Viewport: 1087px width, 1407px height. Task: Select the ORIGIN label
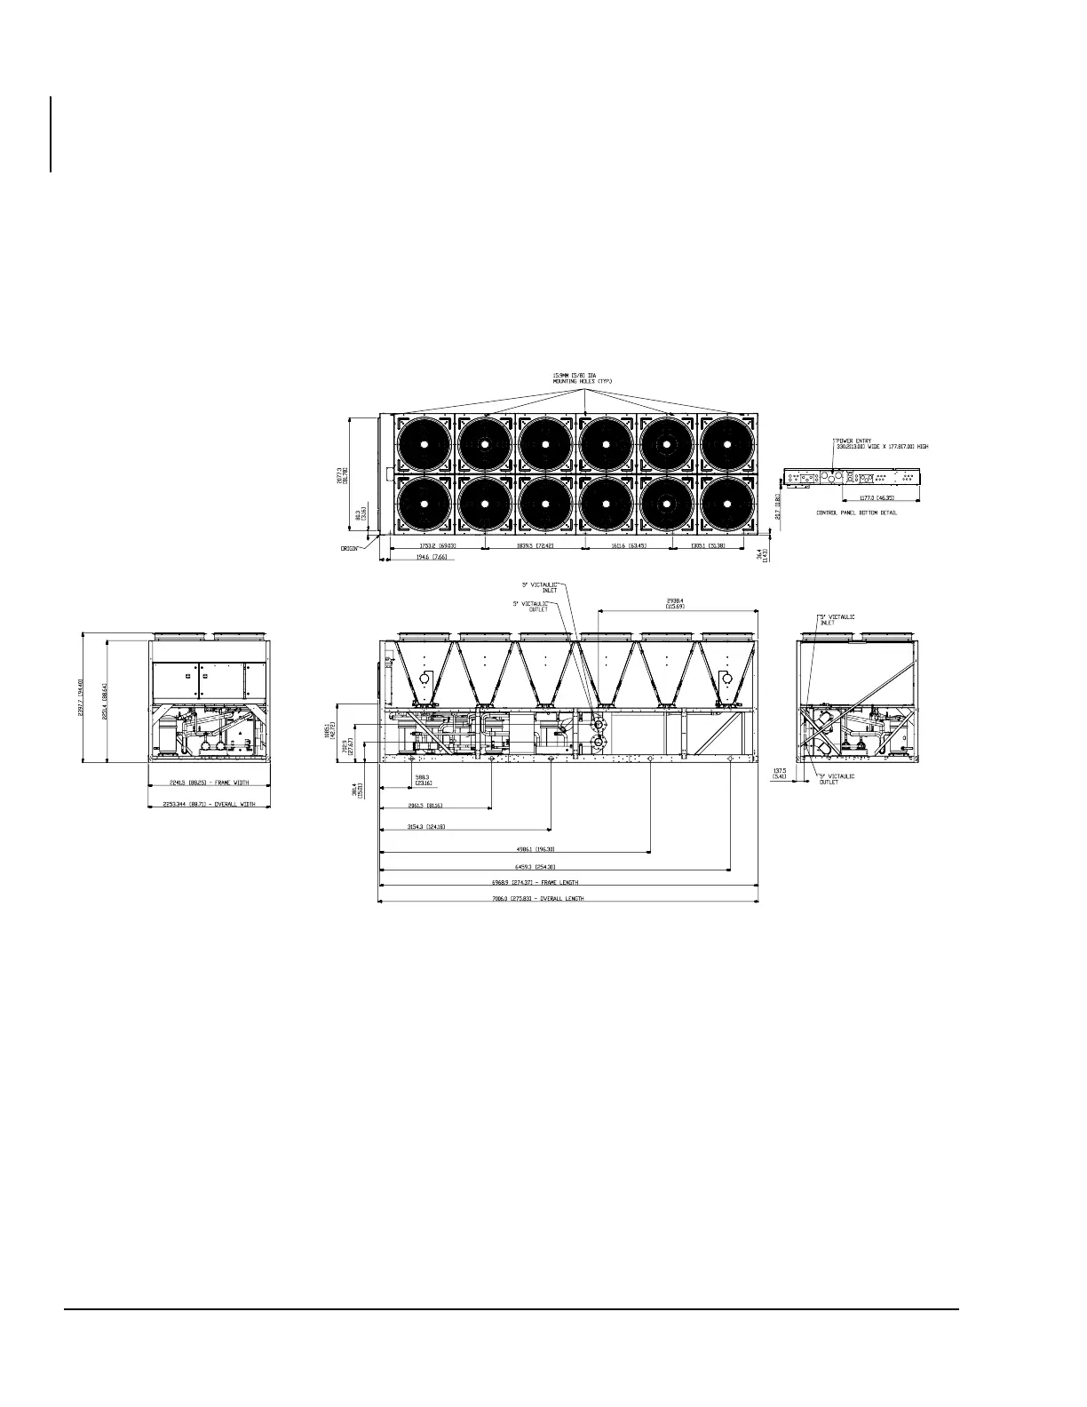coord(349,549)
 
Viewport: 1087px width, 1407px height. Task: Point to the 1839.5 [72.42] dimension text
coord(536,545)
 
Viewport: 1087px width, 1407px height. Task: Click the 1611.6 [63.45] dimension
coord(629,545)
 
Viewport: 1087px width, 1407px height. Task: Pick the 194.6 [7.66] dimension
coord(432,558)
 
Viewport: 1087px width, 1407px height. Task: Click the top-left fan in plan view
coord(424,444)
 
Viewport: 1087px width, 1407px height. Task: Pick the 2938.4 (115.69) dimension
coord(678,604)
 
